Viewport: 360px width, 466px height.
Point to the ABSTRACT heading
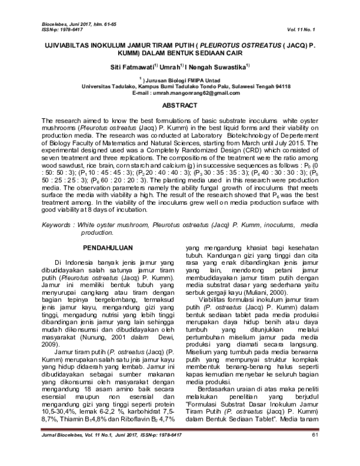[180, 106]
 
